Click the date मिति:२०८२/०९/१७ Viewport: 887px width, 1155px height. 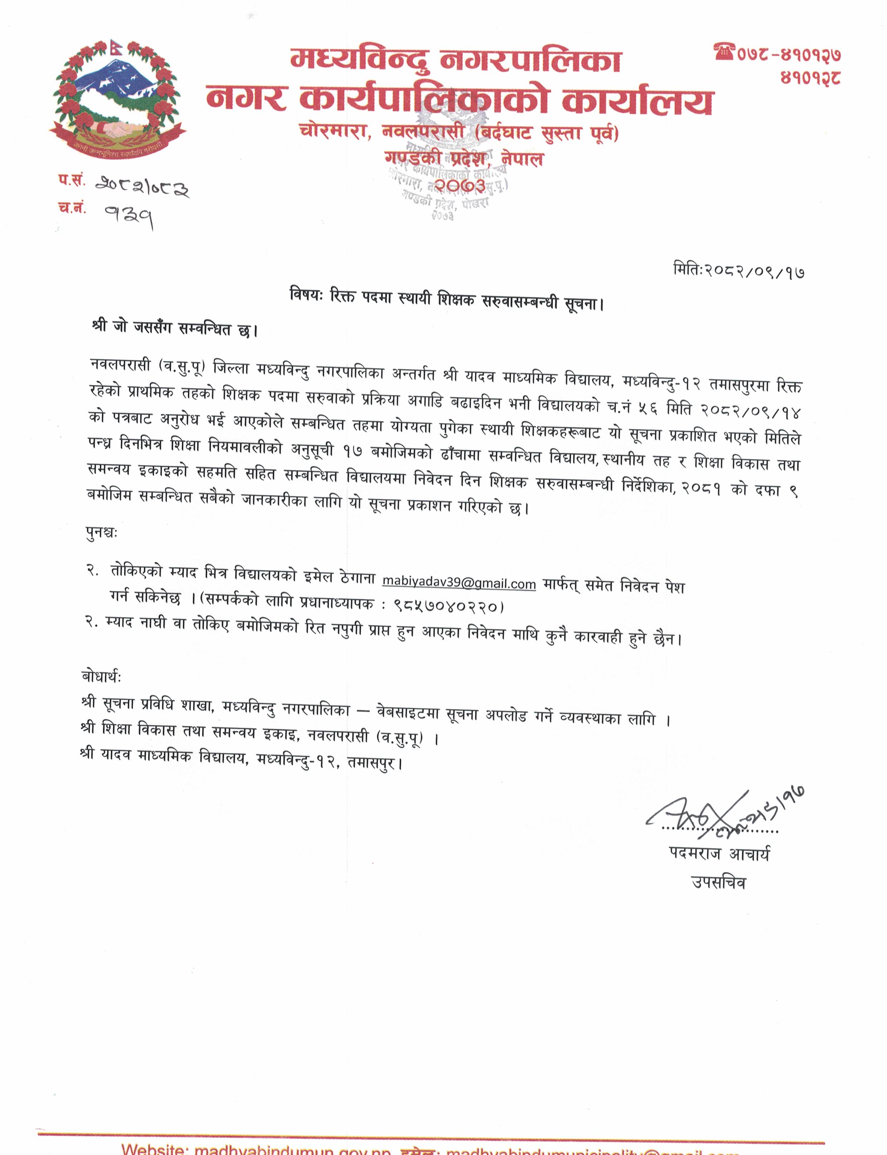point(739,271)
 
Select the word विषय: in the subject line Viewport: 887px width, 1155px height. point(306,294)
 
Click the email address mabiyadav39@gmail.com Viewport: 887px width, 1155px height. point(459,583)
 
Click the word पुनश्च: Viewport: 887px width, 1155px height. point(101,533)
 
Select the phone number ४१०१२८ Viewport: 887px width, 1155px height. point(810,78)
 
